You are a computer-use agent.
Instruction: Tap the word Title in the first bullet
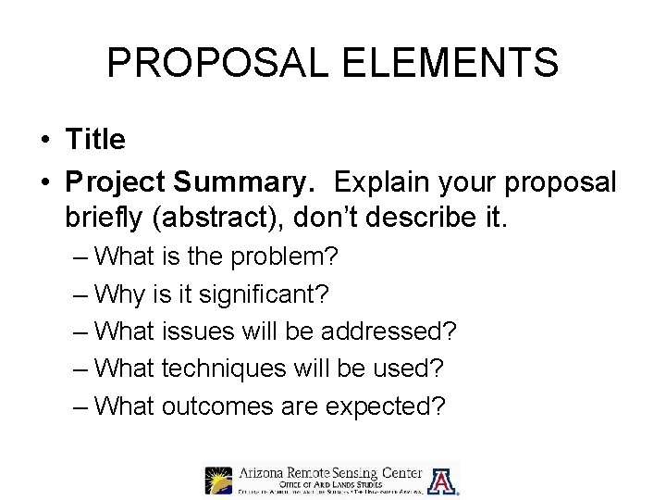click(x=95, y=140)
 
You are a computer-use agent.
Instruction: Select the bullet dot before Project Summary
click(x=44, y=182)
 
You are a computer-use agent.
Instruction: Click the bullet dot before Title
click(x=44, y=141)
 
